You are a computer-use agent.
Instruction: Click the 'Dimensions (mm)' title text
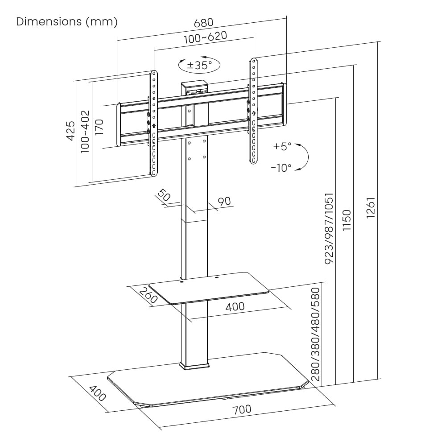(67, 21)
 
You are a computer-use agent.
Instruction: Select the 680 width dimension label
(204, 22)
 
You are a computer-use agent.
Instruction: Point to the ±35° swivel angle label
(199, 65)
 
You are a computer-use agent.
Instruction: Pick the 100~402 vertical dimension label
(85, 132)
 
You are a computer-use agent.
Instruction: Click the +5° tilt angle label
(282, 146)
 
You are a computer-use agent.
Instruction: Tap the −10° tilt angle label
(281, 168)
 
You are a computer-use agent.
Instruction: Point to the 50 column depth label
(164, 195)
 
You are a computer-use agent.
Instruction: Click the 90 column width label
(224, 201)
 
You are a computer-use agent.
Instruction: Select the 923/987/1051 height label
(329, 228)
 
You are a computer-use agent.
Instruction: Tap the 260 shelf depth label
(148, 296)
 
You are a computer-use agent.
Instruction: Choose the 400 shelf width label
(235, 306)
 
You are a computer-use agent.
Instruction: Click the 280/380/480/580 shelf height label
(316, 334)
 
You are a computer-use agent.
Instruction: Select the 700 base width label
(241, 409)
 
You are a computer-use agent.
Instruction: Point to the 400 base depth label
(97, 392)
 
